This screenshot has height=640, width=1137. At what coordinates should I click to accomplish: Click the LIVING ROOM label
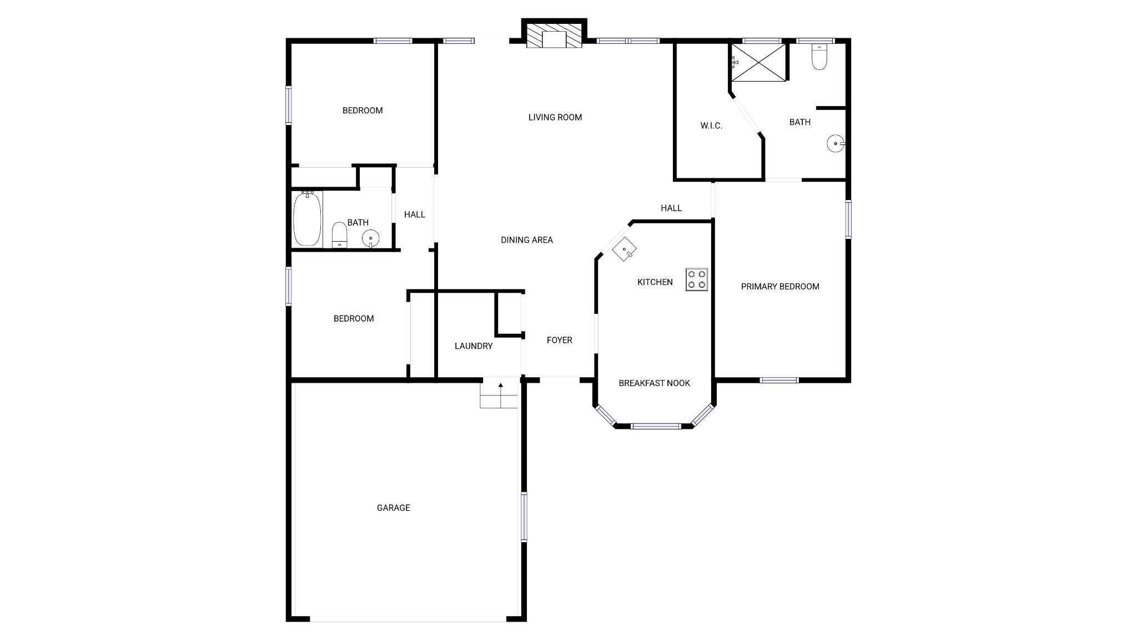(555, 117)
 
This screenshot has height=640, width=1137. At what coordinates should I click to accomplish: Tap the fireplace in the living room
(554, 34)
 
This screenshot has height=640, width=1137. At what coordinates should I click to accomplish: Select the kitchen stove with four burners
(697, 280)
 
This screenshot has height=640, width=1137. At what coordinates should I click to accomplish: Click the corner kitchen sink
(624, 248)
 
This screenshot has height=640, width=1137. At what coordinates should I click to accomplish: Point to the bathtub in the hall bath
(307, 218)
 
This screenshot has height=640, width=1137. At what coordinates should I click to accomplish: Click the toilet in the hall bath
(339, 235)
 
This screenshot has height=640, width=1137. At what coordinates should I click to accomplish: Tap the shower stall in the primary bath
(758, 62)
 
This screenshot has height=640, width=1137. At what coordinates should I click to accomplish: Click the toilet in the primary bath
(819, 57)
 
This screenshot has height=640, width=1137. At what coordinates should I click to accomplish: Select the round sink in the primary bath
(836, 144)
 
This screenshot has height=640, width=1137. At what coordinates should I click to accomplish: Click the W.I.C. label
(711, 126)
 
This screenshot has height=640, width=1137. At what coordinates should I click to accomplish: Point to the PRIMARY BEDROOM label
(780, 287)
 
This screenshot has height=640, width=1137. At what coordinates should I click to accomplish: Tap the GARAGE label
(394, 508)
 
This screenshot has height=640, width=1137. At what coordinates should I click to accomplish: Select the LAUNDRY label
(474, 346)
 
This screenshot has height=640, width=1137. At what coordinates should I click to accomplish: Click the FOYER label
(560, 340)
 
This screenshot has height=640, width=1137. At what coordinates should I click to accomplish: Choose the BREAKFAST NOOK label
(655, 383)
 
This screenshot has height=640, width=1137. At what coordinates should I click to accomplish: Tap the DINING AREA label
(527, 240)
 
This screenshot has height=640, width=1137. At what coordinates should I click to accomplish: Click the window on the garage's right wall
(524, 517)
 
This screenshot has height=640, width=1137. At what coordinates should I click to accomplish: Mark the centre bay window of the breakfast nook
(656, 426)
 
